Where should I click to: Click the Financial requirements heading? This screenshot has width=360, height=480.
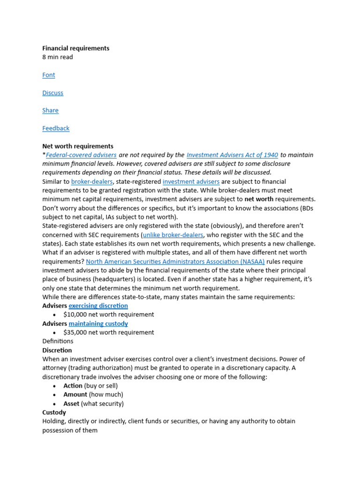pyautogui.click(x=75, y=48)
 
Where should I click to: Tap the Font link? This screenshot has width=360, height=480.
pyautogui.click(x=49, y=75)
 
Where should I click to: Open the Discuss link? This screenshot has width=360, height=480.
pyautogui.click(x=52, y=93)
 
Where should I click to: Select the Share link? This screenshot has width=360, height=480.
pyautogui.click(x=50, y=111)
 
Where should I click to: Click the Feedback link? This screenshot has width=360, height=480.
pyautogui.click(x=56, y=128)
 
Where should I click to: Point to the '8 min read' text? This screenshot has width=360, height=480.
pyautogui.click(x=58, y=57)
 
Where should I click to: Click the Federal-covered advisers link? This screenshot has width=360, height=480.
pyautogui.click(x=81, y=155)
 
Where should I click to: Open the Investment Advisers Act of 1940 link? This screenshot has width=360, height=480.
pyautogui.click(x=232, y=155)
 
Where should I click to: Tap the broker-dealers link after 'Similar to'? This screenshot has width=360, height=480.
pyautogui.click(x=92, y=182)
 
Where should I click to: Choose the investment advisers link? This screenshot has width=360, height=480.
pyautogui.click(x=191, y=182)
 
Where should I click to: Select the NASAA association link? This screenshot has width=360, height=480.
pyautogui.click(x=175, y=262)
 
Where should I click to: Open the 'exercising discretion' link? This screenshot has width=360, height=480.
pyautogui.click(x=98, y=306)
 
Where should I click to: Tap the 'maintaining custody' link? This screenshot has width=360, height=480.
pyautogui.click(x=98, y=324)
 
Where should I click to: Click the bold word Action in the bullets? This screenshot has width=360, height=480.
pyautogui.click(x=73, y=386)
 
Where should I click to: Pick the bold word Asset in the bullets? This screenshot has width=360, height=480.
pyautogui.click(x=71, y=404)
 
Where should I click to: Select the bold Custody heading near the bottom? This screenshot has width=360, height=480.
pyautogui.click(x=54, y=412)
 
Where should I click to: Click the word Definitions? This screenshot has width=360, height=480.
pyautogui.click(x=58, y=341)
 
